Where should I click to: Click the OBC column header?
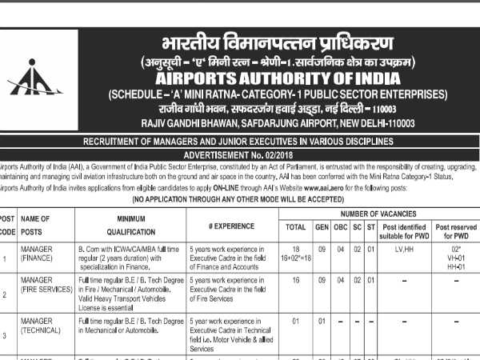(339, 226)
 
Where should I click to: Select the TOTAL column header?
(296, 226)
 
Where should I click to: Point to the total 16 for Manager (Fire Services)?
(296, 281)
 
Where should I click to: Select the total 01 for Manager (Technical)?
(296, 321)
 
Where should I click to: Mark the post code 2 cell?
(6, 294)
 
